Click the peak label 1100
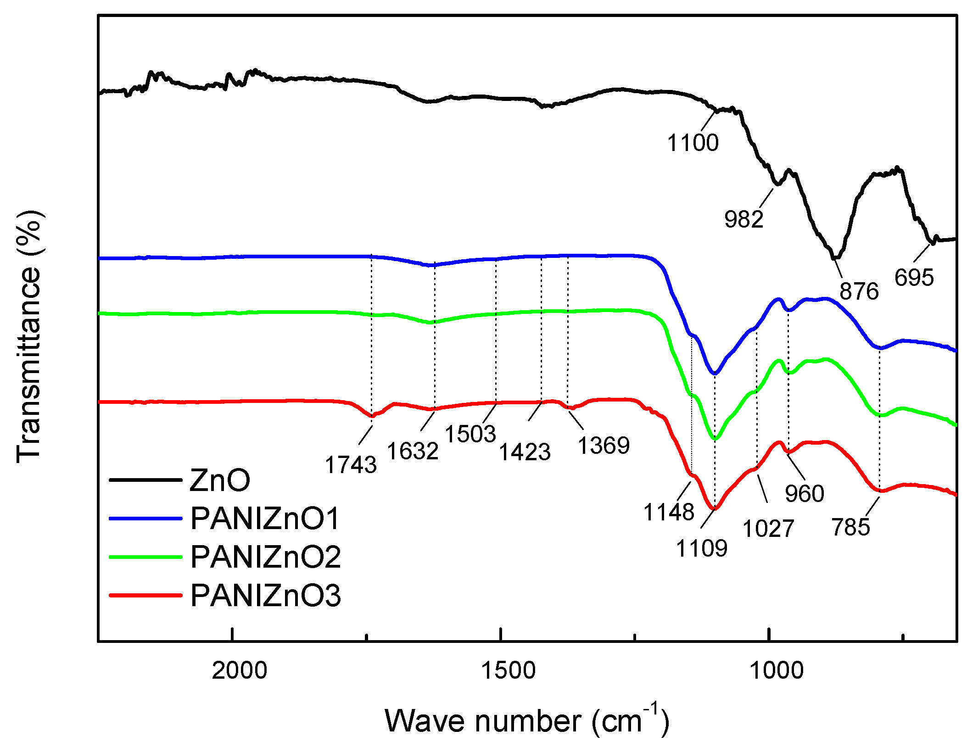[x=693, y=143]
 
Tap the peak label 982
[x=743, y=219]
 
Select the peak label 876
[x=859, y=291]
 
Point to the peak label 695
[x=914, y=278]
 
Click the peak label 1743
[x=351, y=465]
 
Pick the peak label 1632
[x=413, y=451]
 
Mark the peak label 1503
[x=470, y=434]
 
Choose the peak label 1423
[x=525, y=452]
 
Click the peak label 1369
[x=604, y=446]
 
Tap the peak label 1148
[x=669, y=512]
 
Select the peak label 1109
[x=702, y=548]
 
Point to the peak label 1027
[x=768, y=529]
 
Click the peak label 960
[x=805, y=494]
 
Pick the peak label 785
[x=850, y=527]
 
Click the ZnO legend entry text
[x=220, y=480]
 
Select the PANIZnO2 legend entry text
[x=266, y=557]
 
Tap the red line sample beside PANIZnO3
[x=145, y=596]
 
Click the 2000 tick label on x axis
[x=239, y=670]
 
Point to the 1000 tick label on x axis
[x=776, y=670]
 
